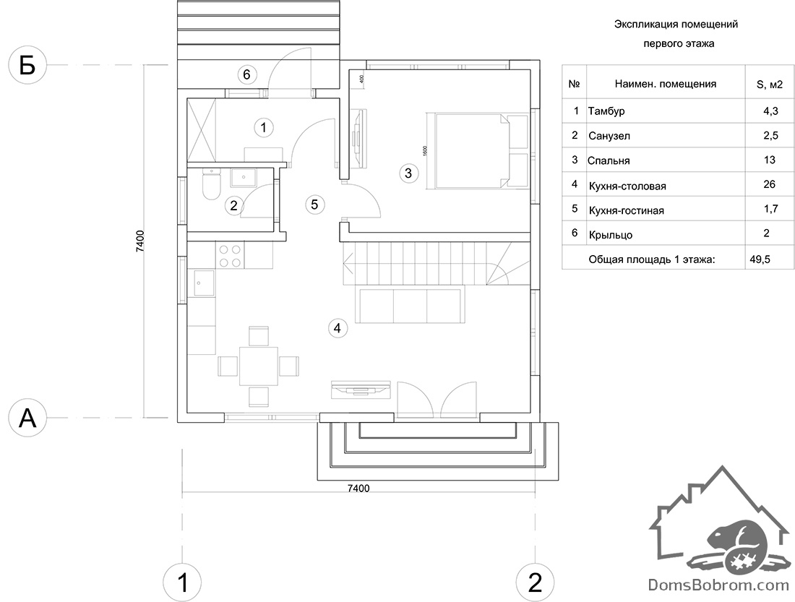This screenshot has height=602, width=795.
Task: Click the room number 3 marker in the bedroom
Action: tap(408, 173)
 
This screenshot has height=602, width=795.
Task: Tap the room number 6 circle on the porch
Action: tap(246, 74)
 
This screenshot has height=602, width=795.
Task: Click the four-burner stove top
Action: tap(229, 255)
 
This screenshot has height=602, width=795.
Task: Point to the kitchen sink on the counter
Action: tap(202, 283)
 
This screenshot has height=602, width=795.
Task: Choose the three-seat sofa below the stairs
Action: tap(410, 304)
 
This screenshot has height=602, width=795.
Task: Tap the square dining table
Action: tap(259, 366)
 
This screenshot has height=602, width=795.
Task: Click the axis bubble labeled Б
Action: tap(27, 65)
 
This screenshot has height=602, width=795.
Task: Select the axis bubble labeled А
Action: tap(27, 418)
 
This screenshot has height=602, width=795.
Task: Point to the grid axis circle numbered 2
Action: tap(535, 582)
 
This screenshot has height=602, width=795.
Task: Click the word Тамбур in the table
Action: tap(606, 111)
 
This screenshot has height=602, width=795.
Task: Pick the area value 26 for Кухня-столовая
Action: tap(769, 184)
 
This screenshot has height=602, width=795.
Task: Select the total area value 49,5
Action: tap(760, 259)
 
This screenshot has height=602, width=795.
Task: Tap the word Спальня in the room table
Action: tap(609, 160)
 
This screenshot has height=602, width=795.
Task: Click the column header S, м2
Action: tap(770, 85)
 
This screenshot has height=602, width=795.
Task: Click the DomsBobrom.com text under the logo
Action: tap(718, 585)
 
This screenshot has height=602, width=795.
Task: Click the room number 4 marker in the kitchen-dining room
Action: tap(338, 328)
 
